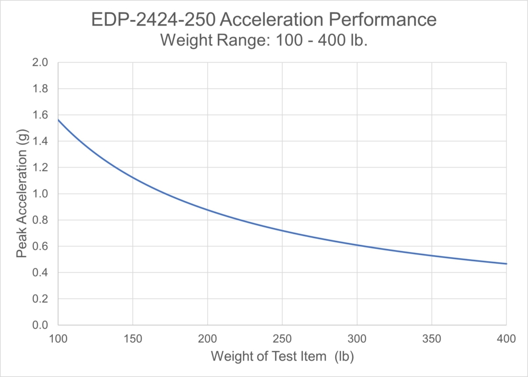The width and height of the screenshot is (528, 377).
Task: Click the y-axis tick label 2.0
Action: tap(40, 63)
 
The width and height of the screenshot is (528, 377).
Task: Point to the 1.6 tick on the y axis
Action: tap(40, 115)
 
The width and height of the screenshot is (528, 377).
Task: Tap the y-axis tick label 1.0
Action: tap(40, 194)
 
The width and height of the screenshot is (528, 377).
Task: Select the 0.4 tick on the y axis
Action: tap(40, 273)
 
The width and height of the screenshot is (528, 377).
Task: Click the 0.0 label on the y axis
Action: tap(40, 325)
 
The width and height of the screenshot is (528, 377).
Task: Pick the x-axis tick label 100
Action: tap(58, 339)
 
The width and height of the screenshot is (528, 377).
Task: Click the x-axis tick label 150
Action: tap(133, 339)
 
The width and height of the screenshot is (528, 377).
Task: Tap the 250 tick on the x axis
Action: tap(282, 339)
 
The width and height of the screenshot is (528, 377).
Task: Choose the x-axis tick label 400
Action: tap(506, 339)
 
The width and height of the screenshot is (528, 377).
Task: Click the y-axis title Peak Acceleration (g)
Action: tap(22, 194)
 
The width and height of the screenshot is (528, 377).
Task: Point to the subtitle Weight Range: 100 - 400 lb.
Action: tap(264, 40)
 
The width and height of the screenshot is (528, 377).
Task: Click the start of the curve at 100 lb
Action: tap(58, 120)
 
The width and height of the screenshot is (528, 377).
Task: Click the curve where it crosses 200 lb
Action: tap(208, 210)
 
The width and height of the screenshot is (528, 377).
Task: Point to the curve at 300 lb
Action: tap(357, 245)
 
